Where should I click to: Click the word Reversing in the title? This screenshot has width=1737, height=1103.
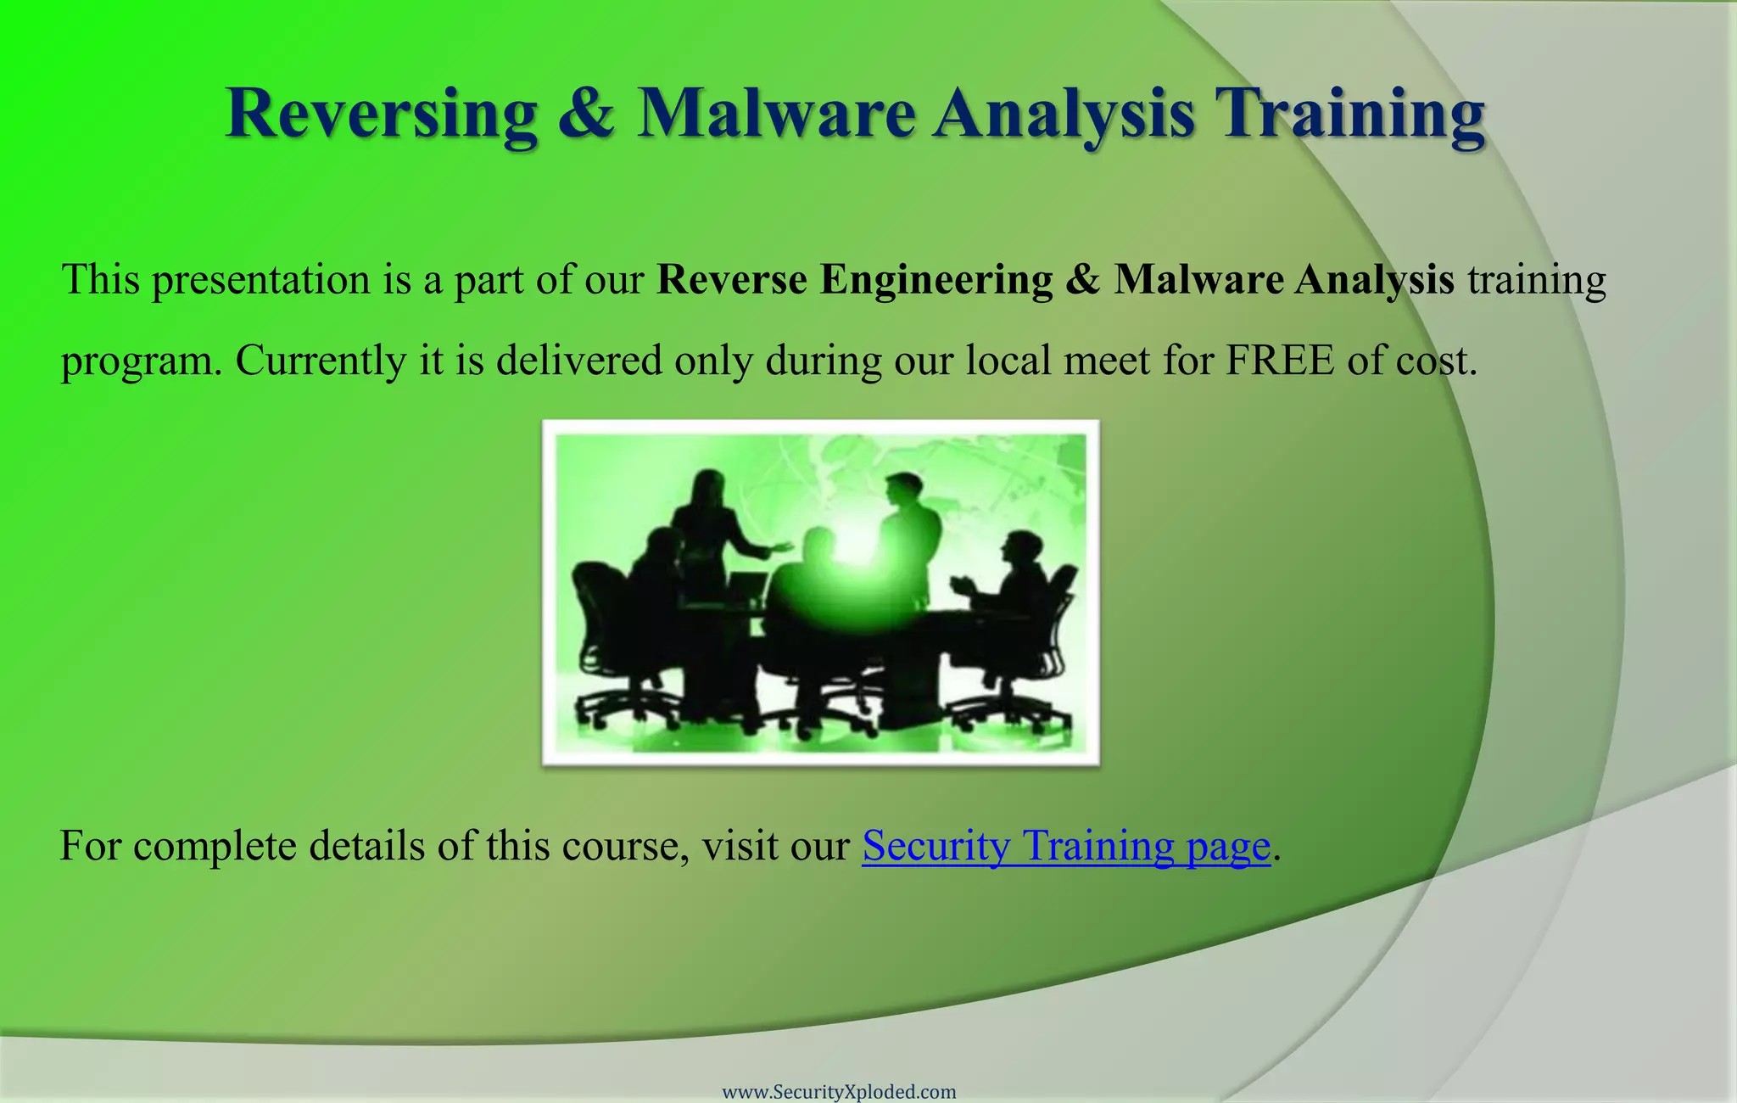click(381, 115)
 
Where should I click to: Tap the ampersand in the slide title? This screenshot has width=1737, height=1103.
click(586, 115)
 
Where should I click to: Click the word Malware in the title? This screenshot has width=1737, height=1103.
click(775, 115)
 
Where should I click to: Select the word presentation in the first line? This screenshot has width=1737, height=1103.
click(261, 280)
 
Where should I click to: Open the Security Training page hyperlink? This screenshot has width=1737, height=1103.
click(1066, 846)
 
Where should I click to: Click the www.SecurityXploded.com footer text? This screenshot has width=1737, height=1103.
click(839, 1092)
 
